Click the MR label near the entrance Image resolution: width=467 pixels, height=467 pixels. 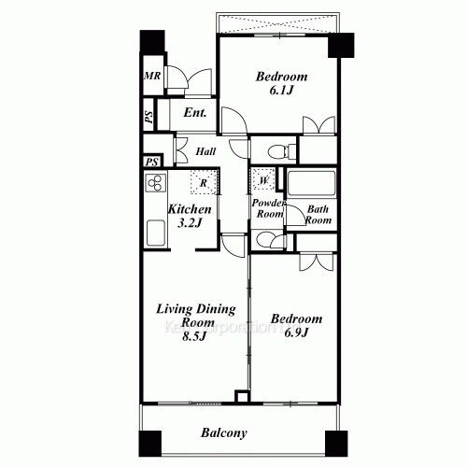click(149, 78)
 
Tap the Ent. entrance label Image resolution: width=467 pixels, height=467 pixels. click(194, 114)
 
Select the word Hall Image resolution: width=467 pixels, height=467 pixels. click(207, 149)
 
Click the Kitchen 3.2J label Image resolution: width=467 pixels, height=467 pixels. click(190, 218)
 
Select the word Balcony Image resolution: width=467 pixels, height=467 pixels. click(223, 432)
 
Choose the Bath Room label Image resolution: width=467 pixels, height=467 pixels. click(318, 214)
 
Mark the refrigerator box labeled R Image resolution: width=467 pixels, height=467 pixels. click(203, 182)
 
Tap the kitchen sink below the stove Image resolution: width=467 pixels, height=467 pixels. click(152, 230)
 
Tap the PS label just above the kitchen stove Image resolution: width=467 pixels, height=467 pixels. click(152, 162)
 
